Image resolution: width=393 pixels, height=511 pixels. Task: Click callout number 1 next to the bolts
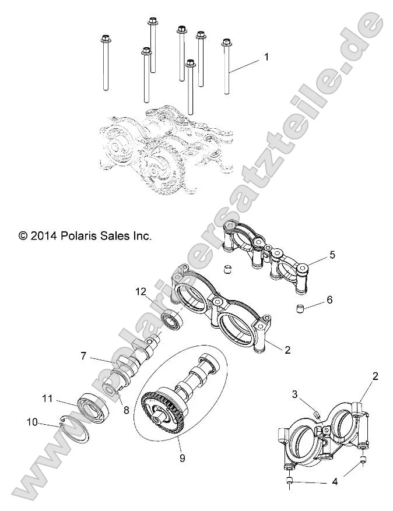[266, 57]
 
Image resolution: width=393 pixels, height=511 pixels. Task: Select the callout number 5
[332, 255]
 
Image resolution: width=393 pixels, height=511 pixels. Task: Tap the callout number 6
[329, 300]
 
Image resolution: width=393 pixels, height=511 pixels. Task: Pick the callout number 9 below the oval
[182, 458]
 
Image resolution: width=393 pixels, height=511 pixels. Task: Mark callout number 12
[140, 291]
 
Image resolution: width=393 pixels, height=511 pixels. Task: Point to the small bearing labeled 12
[172, 321]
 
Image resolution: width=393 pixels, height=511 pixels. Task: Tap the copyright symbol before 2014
[23, 236]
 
